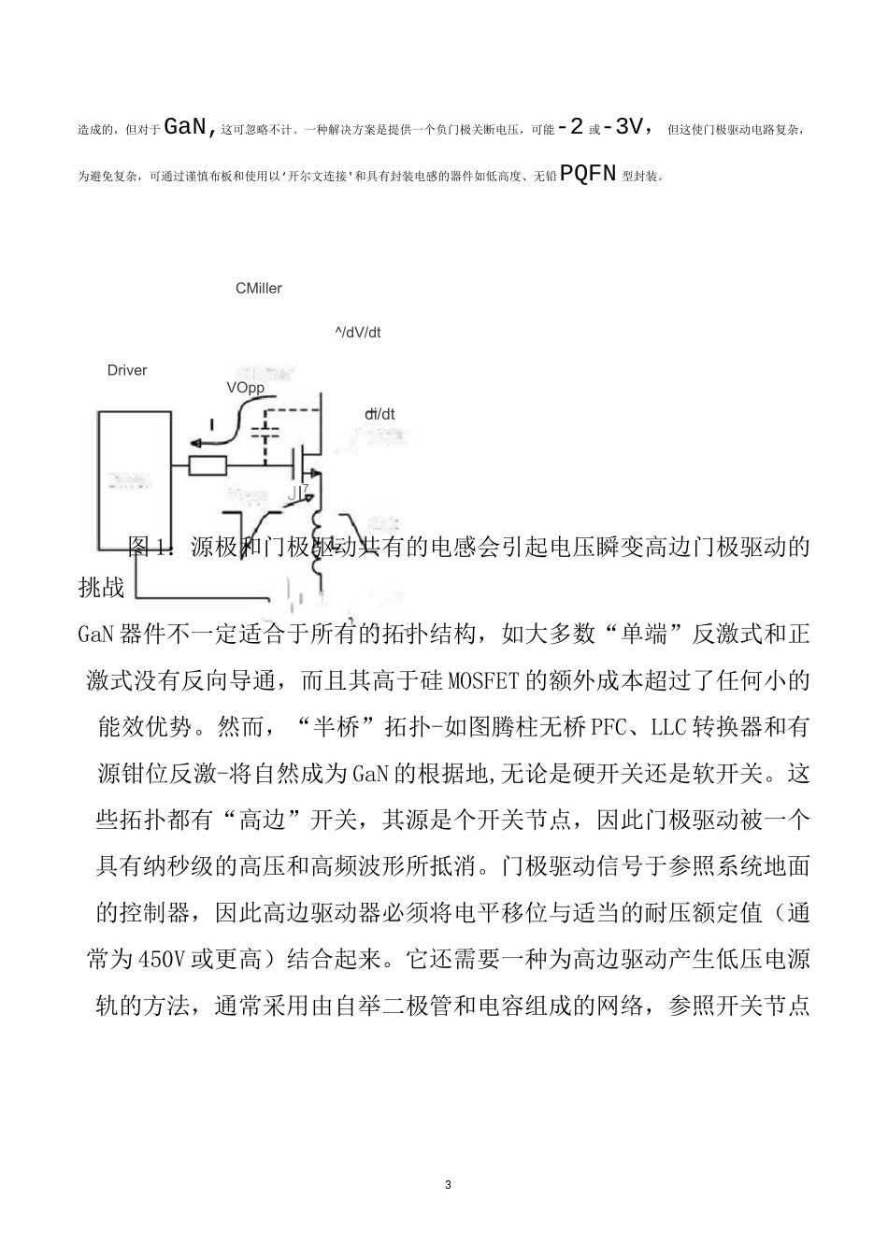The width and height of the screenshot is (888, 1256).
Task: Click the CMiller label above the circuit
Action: click(x=258, y=289)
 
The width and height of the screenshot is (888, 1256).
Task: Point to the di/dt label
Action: click(x=380, y=414)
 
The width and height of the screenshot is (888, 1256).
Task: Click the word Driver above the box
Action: click(x=127, y=371)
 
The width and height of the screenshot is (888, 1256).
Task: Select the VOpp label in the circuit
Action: click(x=245, y=388)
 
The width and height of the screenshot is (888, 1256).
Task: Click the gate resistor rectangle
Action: click(x=208, y=464)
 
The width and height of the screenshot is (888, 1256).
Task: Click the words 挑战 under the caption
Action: click(x=101, y=588)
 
